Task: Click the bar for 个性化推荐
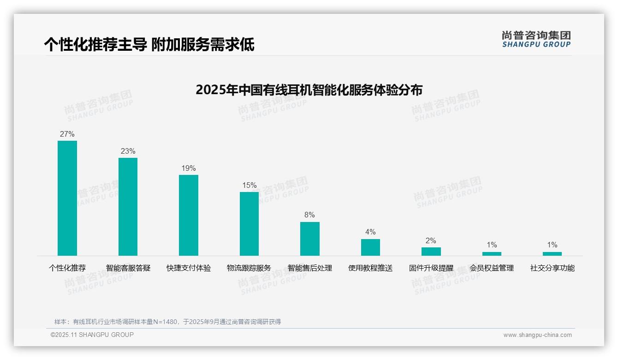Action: click(x=67, y=198)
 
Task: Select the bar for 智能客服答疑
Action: click(x=128, y=207)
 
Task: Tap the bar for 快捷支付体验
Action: click(x=189, y=215)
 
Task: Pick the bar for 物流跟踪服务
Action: click(x=249, y=224)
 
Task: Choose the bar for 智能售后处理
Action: click(x=310, y=239)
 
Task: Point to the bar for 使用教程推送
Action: click(x=370, y=247)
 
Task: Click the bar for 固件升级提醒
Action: click(x=431, y=252)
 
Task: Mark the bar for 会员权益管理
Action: click(x=492, y=254)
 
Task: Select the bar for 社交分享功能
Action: click(x=552, y=254)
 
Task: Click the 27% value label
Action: click(x=67, y=134)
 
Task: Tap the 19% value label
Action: click(x=189, y=168)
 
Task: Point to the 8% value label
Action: click(x=310, y=215)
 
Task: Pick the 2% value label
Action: click(x=431, y=241)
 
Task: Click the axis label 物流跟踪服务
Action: click(x=249, y=268)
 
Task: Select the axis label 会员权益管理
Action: click(x=492, y=268)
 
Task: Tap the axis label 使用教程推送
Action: click(x=370, y=268)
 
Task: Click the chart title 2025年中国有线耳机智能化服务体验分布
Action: click(x=309, y=90)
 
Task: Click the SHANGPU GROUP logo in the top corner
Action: click(x=536, y=39)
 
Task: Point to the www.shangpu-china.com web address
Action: click(x=537, y=335)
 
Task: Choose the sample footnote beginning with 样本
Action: click(x=168, y=322)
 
